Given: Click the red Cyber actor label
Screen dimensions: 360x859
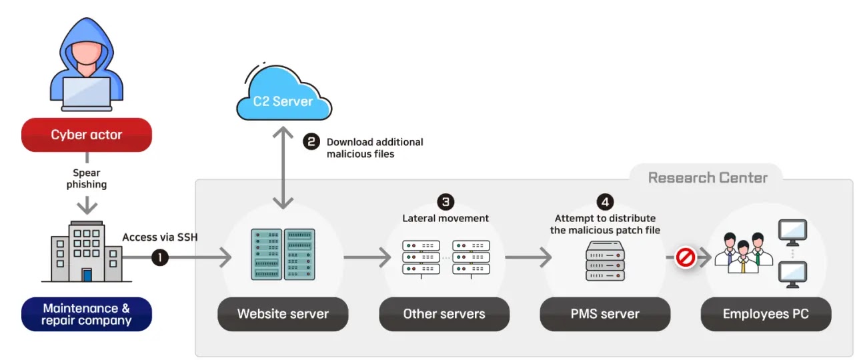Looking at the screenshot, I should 87,135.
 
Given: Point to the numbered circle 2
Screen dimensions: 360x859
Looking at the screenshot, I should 311,142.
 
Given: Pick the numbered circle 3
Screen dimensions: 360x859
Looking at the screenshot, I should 445,201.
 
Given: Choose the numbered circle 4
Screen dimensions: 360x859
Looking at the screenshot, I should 605,201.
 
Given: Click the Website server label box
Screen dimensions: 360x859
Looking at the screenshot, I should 283,313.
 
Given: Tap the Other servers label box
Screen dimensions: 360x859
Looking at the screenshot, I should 444,313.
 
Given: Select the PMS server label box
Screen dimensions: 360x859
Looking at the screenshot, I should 605,313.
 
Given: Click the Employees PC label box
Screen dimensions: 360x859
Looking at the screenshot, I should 766,313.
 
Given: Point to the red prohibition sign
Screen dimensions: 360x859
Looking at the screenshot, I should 685,257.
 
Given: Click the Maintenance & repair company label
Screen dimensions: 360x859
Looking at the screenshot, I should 87,314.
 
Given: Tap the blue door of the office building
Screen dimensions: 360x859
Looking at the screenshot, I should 87,275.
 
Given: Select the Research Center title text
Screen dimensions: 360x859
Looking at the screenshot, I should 708,177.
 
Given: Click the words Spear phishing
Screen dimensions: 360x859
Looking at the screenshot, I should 87,179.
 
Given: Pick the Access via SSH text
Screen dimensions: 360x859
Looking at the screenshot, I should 160,237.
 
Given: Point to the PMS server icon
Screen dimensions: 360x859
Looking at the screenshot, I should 605,261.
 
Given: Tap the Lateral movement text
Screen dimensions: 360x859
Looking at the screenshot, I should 445,218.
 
